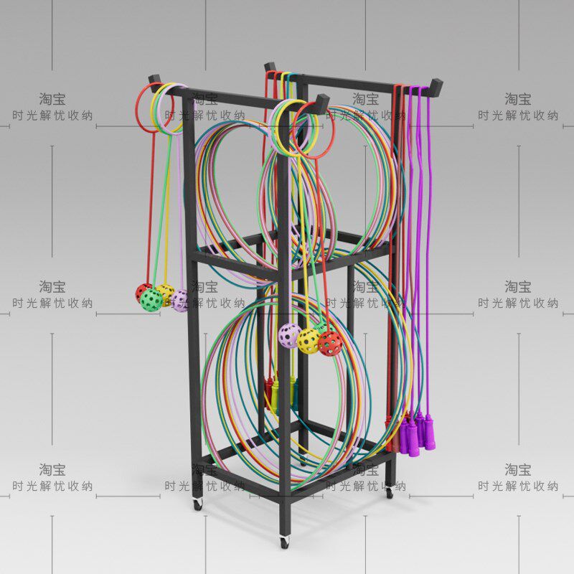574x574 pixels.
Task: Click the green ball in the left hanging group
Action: pyautogui.click(x=151, y=299)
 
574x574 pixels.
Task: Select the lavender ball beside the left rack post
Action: pyautogui.click(x=181, y=300)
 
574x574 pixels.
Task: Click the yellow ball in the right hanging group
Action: pyautogui.click(x=309, y=342)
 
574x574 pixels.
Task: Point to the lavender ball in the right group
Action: pyautogui.click(x=289, y=335)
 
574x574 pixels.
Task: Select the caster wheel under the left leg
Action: pyautogui.click(x=197, y=503)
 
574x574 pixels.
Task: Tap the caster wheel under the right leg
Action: pyautogui.click(x=389, y=493)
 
